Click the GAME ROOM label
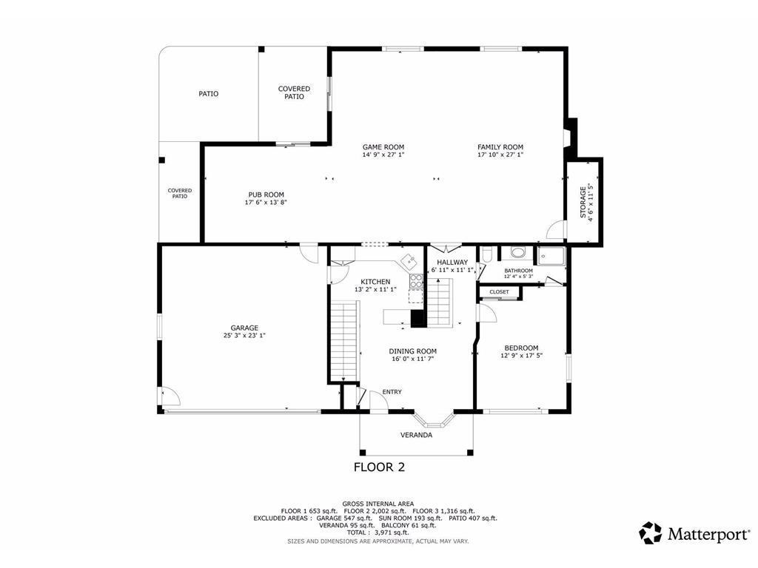[x=383, y=146]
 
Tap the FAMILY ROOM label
[x=500, y=146]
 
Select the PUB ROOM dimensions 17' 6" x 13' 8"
[x=266, y=203]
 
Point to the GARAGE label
[x=244, y=328]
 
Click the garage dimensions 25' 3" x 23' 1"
[x=244, y=336]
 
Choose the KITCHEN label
[x=375, y=282]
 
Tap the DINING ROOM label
[x=414, y=351]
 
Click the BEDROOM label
[x=521, y=348]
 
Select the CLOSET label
[x=499, y=292]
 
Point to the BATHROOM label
[x=518, y=270]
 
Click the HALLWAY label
[x=452, y=262]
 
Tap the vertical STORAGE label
[x=583, y=202]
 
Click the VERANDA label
[x=416, y=435]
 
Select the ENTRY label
[x=392, y=392]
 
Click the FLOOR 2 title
[x=379, y=467]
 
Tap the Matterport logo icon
[x=651, y=532]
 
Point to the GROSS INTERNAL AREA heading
[x=378, y=504]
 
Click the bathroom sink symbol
[x=519, y=253]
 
